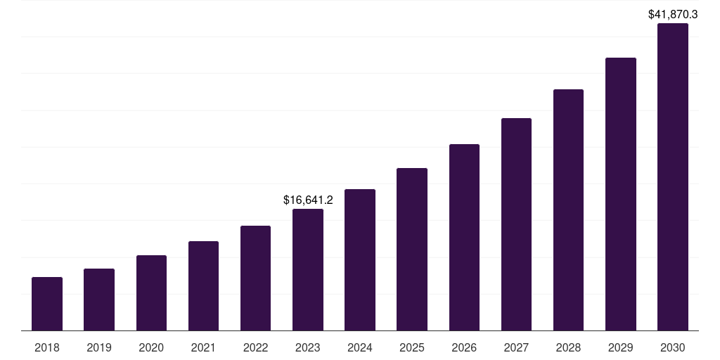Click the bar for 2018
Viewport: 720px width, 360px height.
(x=47, y=304)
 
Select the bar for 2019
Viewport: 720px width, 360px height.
(x=99, y=300)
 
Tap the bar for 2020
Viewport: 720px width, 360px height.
(x=151, y=292)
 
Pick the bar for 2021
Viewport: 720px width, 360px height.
(x=203, y=285)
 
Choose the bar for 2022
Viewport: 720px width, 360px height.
(x=255, y=278)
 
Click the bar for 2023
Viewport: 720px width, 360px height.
(x=308, y=269)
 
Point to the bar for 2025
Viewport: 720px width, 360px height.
(x=412, y=249)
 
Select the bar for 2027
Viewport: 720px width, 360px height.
(x=516, y=224)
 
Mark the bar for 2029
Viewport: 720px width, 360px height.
(x=621, y=194)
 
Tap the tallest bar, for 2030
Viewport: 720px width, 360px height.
(x=673, y=176)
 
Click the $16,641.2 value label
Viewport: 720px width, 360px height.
(x=308, y=200)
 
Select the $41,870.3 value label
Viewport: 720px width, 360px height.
(x=673, y=14)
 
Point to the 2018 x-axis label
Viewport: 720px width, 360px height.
(x=47, y=347)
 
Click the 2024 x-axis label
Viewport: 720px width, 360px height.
(x=360, y=347)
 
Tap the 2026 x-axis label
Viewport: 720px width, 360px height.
(x=464, y=347)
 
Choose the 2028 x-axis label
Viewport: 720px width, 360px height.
(x=568, y=347)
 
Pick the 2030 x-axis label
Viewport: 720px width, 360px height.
(x=673, y=347)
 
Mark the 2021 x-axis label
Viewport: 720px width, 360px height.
(x=203, y=347)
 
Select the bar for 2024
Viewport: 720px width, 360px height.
(x=360, y=259)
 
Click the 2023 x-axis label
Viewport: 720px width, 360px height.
(x=308, y=347)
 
